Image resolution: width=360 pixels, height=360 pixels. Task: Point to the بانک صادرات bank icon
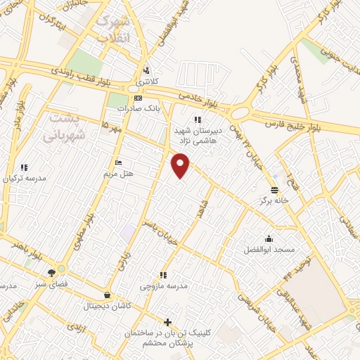click(138, 98)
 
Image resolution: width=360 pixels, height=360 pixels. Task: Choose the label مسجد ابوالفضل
click(269, 250)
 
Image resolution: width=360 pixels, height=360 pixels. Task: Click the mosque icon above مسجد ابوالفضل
click(269, 238)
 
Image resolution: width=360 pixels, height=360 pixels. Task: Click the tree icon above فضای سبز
click(51, 272)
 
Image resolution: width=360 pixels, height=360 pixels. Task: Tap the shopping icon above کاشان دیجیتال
click(107, 295)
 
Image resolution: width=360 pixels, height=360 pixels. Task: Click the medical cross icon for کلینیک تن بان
click(167, 322)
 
